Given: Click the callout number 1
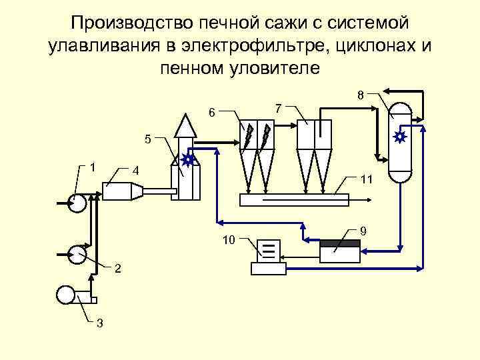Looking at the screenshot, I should tap(93, 165).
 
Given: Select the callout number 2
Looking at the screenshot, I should tap(117, 269).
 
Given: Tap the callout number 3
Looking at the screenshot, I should tap(99, 324).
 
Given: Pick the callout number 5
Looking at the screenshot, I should tap(149, 139).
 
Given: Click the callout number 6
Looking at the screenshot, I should tap(211, 113).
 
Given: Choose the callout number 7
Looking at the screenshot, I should tap(279, 108).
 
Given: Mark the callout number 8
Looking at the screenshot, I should tap(359, 95).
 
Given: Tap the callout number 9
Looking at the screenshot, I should tap(363, 231).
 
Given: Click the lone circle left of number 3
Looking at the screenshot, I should tap(67, 294).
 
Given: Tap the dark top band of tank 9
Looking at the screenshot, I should tap(339, 242).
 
